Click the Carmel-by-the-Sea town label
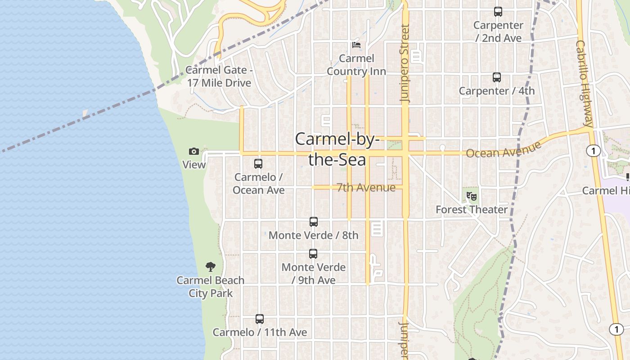(337, 149)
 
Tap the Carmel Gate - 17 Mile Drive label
(219, 76)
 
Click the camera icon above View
(194, 151)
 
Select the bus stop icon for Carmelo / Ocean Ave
(258, 164)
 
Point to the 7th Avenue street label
(366, 188)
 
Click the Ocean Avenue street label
(503, 150)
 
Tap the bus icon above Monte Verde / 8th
(314, 222)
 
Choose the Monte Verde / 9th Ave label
(314, 274)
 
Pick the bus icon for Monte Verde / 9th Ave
(313, 254)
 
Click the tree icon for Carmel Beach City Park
(210, 267)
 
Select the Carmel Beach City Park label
(210, 287)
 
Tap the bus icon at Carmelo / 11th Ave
(260, 319)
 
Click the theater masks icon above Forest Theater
(472, 196)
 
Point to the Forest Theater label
(472, 210)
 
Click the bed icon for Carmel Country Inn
(356, 45)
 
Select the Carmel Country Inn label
(356, 65)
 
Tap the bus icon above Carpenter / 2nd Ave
(498, 12)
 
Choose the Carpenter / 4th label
(497, 91)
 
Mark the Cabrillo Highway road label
(584, 83)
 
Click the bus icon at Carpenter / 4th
(497, 77)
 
